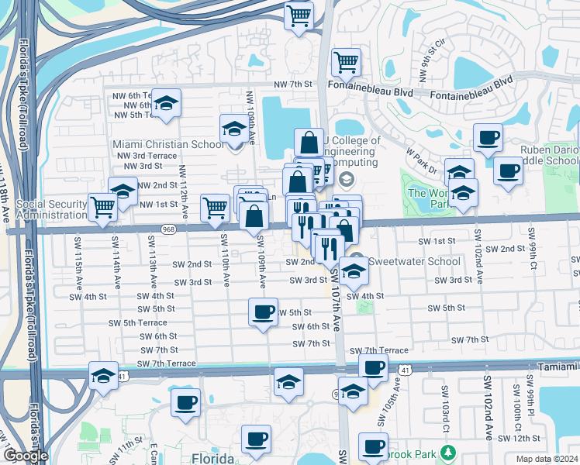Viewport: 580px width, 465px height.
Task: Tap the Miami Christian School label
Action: click(x=168, y=144)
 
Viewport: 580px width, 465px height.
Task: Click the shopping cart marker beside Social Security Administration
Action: click(x=102, y=207)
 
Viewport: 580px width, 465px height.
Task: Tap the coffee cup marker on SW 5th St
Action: click(x=263, y=312)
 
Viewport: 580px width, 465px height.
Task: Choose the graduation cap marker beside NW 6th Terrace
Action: click(x=166, y=104)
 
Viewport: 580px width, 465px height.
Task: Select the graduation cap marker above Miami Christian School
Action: click(x=233, y=129)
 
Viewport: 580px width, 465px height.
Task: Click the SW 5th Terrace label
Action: click(x=137, y=322)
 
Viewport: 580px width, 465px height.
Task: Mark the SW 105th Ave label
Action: click(x=399, y=397)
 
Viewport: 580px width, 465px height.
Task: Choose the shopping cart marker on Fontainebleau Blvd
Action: click(x=347, y=62)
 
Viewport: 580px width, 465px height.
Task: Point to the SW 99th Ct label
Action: click(x=533, y=247)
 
